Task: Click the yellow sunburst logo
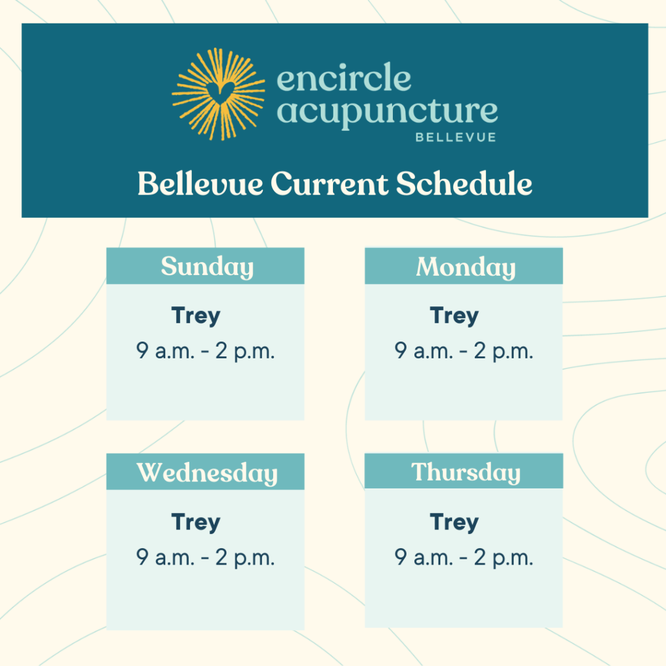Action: (219, 94)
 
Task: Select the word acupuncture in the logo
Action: (388, 113)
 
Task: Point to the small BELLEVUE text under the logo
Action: (456, 137)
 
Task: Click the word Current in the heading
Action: (330, 184)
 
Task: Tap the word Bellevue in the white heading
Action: (200, 183)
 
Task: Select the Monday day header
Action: (466, 267)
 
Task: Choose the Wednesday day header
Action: (207, 473)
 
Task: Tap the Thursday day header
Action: (466, 472)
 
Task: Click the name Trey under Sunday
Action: (196, 316)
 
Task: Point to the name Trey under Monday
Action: (455, 316)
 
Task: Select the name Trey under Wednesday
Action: (196, 522)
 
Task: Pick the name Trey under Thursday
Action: (455, 522)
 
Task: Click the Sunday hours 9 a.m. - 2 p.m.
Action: (206, 351)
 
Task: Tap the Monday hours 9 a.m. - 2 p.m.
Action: (464, 351)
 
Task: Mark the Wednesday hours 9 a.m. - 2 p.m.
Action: (206, 557)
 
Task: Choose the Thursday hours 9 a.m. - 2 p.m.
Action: (464, 557)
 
